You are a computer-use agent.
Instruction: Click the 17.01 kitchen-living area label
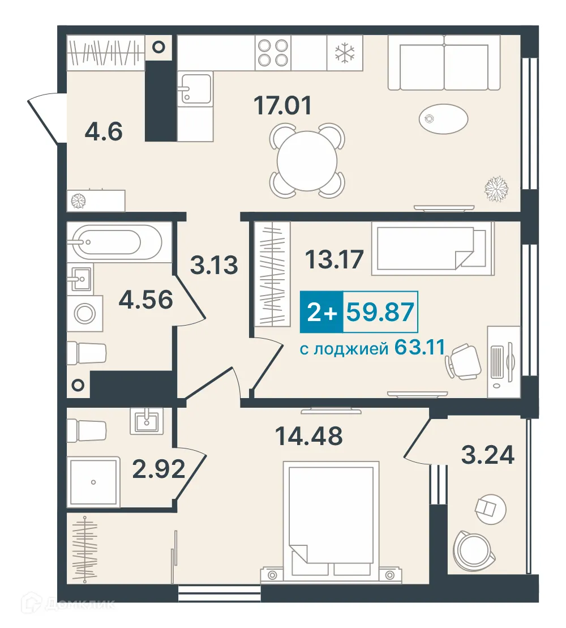(282, 105)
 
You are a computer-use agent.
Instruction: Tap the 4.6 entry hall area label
(104, 132)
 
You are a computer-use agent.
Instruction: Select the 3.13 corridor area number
(214, 265)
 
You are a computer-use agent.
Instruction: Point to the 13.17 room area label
(335, 259)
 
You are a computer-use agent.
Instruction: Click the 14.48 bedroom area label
(309, 436)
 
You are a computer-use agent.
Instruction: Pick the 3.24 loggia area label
(487, 455)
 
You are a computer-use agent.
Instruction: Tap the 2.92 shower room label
(158, 469)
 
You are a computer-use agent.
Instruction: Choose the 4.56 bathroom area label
(145, 299)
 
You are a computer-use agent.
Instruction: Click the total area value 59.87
(380, 313)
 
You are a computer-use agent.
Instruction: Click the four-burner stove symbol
(273, 53)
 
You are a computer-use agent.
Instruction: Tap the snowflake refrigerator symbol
(345, 53)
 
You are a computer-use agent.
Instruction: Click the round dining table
(307, 161)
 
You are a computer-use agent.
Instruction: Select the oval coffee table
(444, 119)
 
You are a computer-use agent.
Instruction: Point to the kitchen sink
(196, 88)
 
